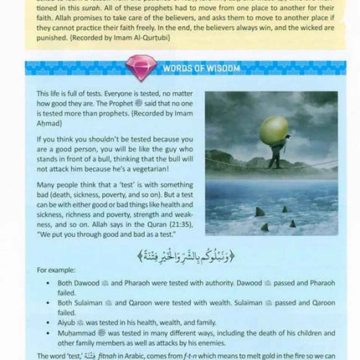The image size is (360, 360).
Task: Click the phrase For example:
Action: pos(54,270)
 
